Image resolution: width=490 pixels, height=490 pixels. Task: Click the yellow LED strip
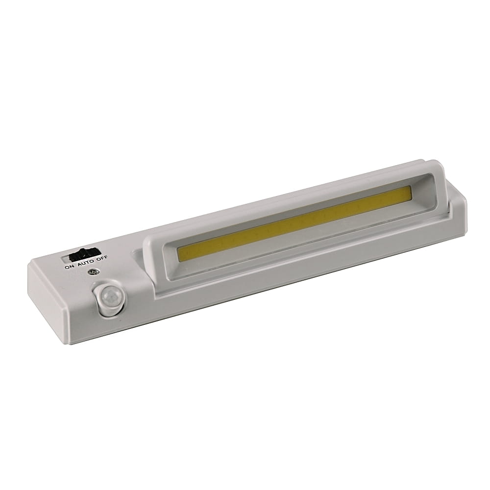(294, 224)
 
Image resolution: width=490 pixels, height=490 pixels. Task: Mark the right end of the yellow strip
(410, 193)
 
